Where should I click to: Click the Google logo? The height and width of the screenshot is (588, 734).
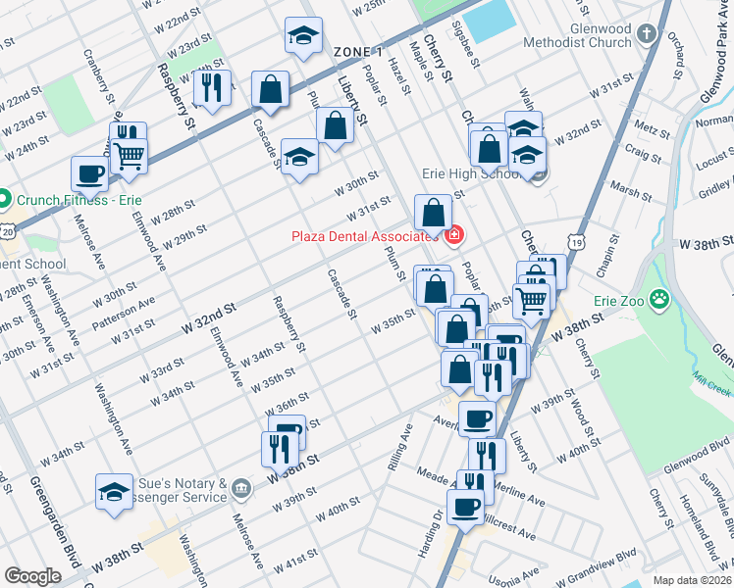tap(32, 576)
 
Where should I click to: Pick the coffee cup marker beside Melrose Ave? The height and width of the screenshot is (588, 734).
tap(89, 173)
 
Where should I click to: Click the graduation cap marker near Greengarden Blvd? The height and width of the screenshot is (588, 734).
tap(115, 490)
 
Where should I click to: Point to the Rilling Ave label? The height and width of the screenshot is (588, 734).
tap(400, 447)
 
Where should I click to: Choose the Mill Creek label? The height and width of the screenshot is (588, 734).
tap(711, 385)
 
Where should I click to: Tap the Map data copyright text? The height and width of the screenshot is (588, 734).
tap(692, 580)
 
